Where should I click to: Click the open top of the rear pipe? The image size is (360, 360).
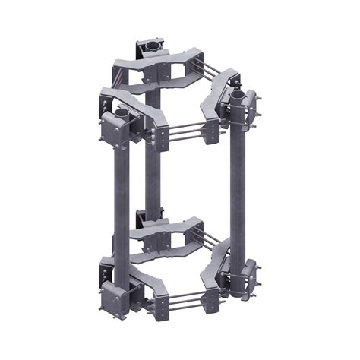point(152,46)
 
